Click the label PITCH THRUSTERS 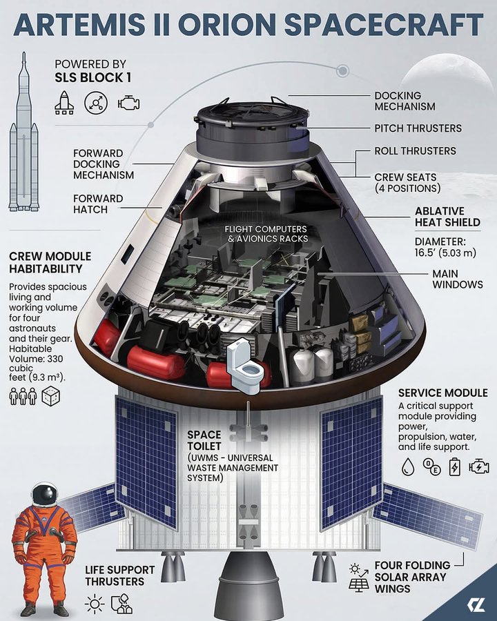pos(418,128)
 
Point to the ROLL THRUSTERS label pos(415,150)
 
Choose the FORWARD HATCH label pos(98,204)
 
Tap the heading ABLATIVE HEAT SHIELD pos(447,217)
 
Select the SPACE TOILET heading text pos(204,440)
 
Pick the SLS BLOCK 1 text pos(93,78)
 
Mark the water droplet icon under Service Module pos(407,466)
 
